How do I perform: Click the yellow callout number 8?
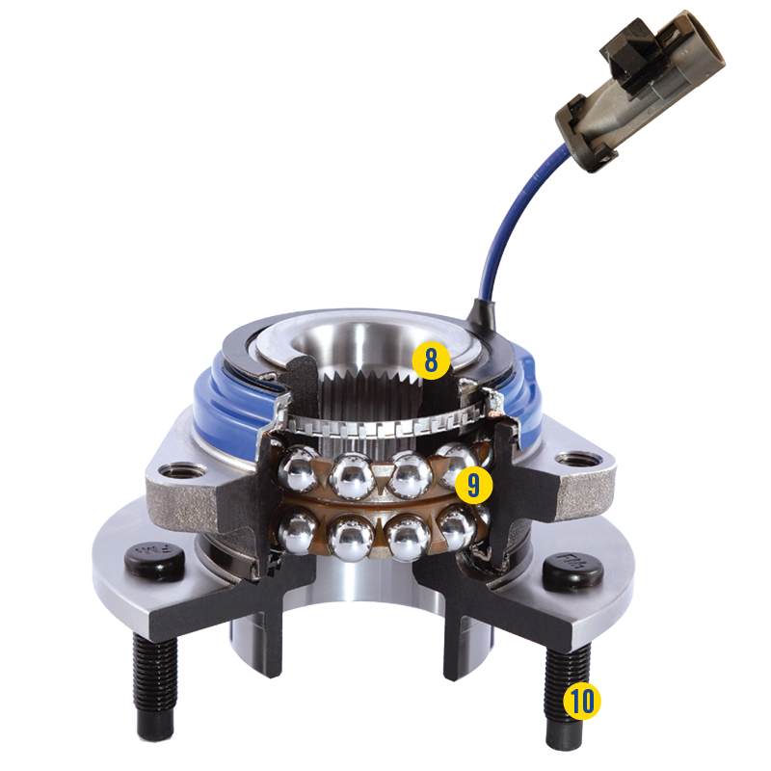431,360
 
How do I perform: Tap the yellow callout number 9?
472,485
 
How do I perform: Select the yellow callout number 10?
580,701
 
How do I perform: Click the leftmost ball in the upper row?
297,468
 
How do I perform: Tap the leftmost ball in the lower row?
294,529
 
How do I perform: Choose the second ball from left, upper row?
353,474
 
